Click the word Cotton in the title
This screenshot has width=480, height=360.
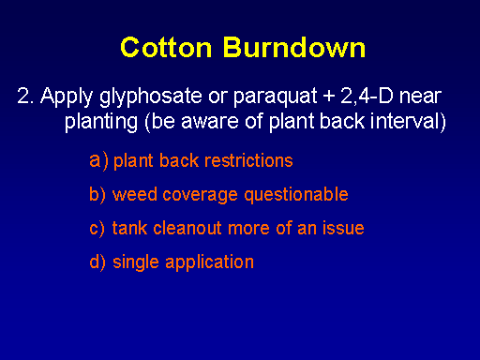166,48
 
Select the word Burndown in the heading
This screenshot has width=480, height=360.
294,48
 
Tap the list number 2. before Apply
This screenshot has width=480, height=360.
25,96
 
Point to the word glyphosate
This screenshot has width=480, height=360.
151,97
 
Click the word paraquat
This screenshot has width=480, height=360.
276,97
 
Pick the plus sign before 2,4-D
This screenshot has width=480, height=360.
329,96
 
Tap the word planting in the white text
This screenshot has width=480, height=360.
101,122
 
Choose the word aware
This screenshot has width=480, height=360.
210,122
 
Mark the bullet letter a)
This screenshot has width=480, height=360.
98,161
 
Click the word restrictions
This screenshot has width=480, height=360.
248,160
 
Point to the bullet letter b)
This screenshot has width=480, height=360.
97,195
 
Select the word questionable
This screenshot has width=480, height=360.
296,195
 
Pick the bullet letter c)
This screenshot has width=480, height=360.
97,229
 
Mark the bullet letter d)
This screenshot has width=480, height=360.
97,262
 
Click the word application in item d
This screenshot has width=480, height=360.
209,262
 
